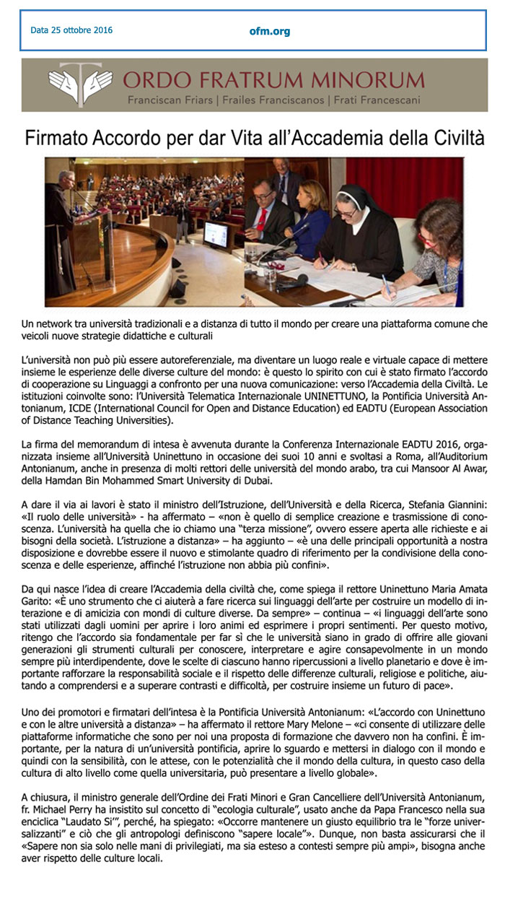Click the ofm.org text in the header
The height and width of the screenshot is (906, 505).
click(x=250, y=31)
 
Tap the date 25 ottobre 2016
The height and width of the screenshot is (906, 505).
click(x=71, y=30)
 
